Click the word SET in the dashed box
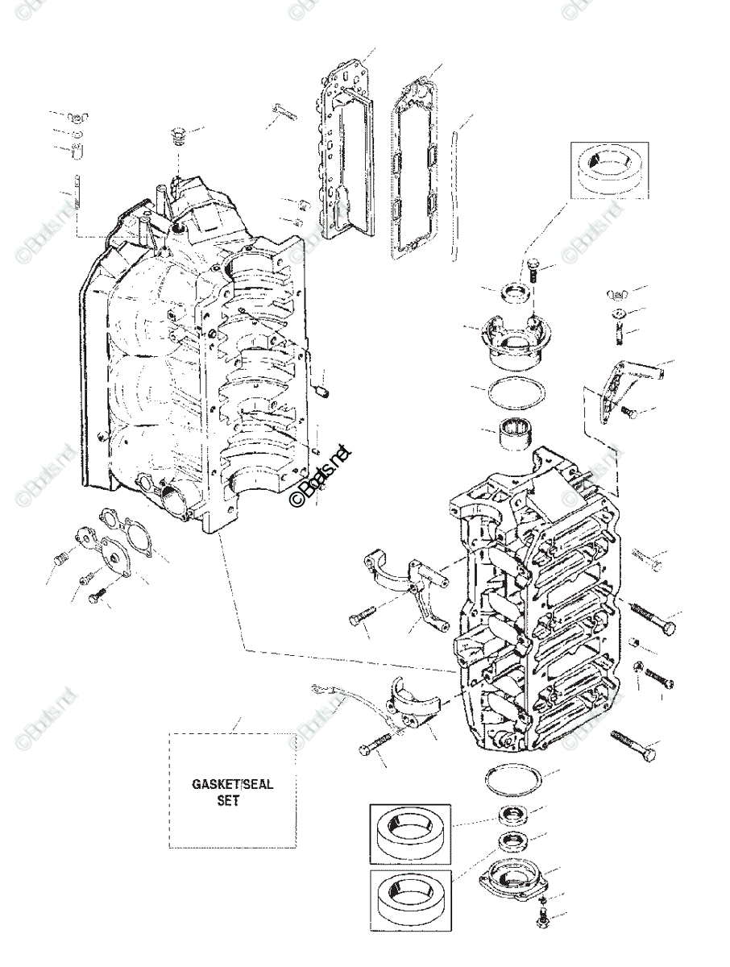(229, 802)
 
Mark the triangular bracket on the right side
(620, 387)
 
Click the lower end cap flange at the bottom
(515, 875)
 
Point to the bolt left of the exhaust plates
(284, 112)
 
